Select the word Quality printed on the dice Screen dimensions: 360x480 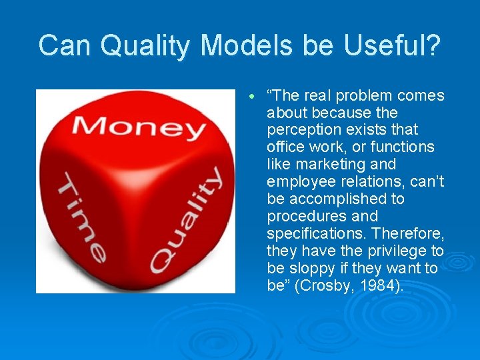coord(187,219)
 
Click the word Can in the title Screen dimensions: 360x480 coord(63,45)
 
